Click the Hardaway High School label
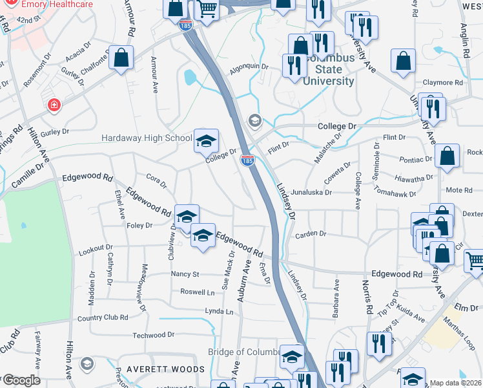(x=147, y=138)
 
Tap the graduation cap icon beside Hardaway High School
(x=207, y=141)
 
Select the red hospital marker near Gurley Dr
(x=53, y=104)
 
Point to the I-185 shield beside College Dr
(x=247, y=160)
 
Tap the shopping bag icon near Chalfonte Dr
(x=121, y=58)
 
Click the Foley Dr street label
(x=139, y=225)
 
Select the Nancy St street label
(x=185, y=274)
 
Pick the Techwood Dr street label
(x=154, y=335)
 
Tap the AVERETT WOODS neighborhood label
(x=165, y=369)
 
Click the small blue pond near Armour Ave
(x=190, y=78)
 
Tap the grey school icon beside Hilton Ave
(x=87, y=365)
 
